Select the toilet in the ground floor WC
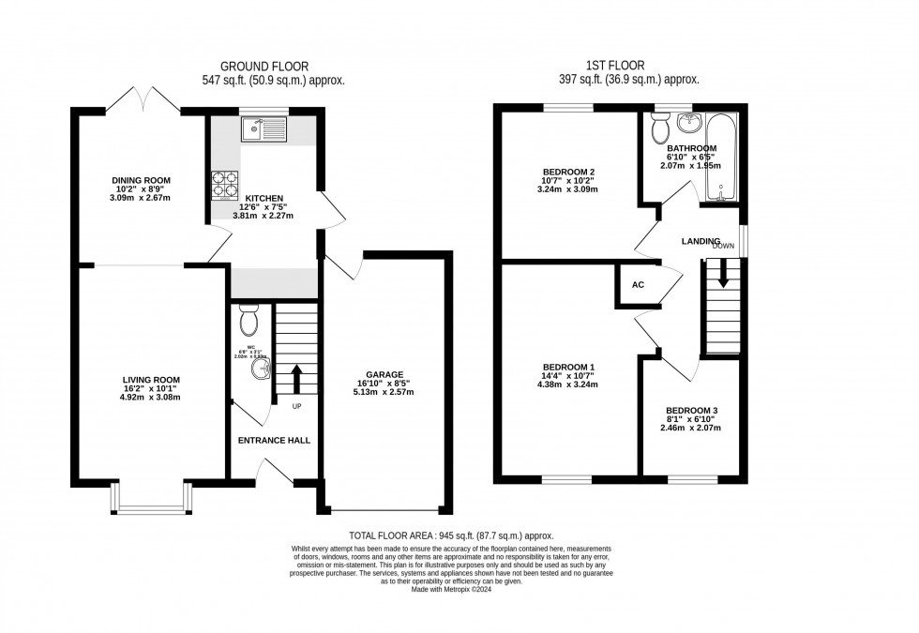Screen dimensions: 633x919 [249, 322]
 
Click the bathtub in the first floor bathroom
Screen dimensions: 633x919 [721, 157]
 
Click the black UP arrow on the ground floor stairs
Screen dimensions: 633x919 [296, 379]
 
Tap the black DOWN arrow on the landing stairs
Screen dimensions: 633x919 [723, 273]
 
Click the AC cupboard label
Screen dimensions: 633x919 [638, 285]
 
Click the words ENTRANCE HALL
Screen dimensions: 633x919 [274, 440]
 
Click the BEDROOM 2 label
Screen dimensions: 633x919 [569, 172]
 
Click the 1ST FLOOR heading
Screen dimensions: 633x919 [617, 66]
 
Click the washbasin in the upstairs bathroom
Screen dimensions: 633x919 [692, 123]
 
